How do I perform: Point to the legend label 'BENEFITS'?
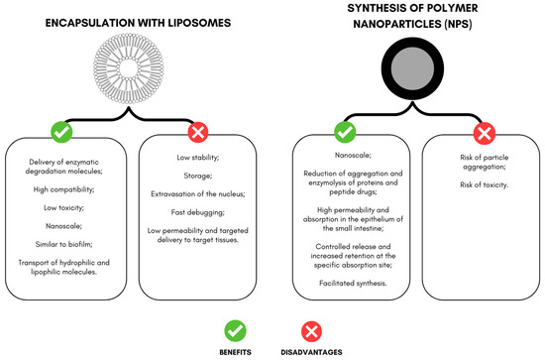tap(235, 350)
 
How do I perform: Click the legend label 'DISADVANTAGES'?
tap(310, 350)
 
